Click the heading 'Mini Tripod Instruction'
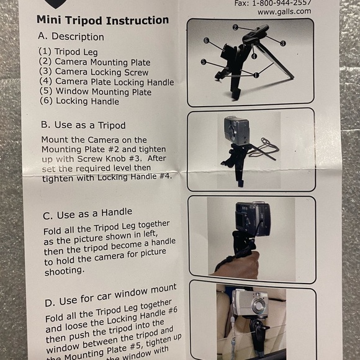pyautogui.click(x=102, y=20)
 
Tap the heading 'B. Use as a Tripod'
pyautogui.click(x=83, y=124)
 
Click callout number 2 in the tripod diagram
pyautogui.click(x=235, y=27)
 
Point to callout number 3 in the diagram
pyautogui.click(x=282, y=43)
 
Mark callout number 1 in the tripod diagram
pyautogui.click(x=256, y=74)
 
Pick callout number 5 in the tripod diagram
pyautogui.click(x=203, y=62)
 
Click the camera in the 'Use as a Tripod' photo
pyautogui.click(x=236, y=131)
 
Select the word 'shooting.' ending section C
pyautogui.click(x=64, y=271)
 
